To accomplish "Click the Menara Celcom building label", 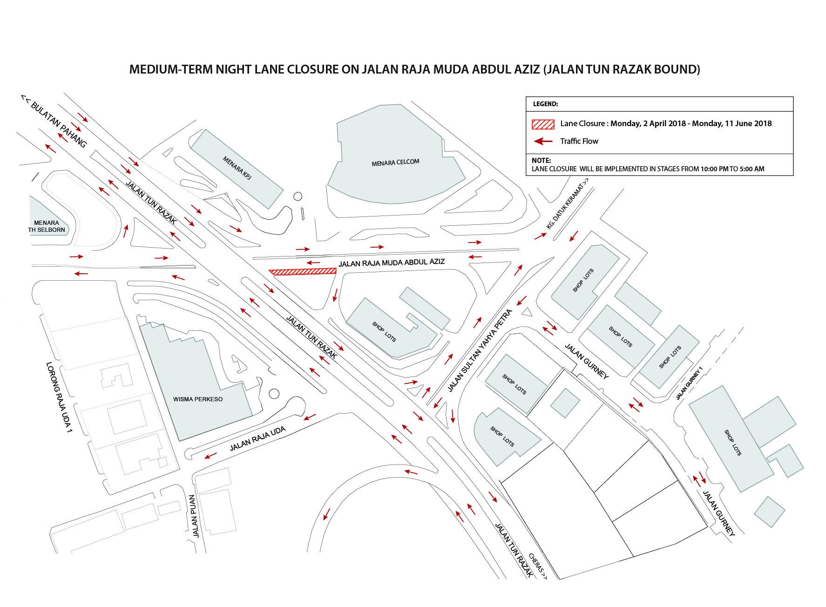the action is pos(395,162).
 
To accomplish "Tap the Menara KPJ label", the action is pos(237,168).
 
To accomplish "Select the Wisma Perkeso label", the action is pos(198,399).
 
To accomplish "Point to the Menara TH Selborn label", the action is pos(47,226).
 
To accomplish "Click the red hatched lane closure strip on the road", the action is pos(303,271).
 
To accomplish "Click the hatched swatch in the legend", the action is pos(543,124).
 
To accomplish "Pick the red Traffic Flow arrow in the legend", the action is pos(543,141).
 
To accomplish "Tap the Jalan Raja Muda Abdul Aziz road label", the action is pos(392,263).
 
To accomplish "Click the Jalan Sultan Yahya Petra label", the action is pos(480,351).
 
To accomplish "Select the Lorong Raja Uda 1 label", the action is pos(59,400).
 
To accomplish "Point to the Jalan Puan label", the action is pos(195,516).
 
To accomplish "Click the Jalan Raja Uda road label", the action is pos(257,439).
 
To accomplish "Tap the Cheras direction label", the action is pos(538,566).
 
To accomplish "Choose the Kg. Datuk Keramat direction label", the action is pos(567,204).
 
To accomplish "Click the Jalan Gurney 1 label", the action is pos(689,383).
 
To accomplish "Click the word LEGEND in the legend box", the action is pos(545,104).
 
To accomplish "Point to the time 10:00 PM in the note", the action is pos(714,169).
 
